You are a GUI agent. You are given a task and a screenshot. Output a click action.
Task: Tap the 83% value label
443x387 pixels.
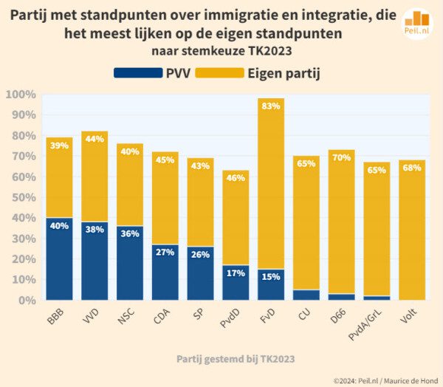click(x=272, y=106)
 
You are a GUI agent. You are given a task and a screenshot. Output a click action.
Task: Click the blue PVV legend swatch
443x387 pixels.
click(x=137, y=72)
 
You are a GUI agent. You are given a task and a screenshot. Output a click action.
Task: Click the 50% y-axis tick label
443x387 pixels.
click(x=21, y=198)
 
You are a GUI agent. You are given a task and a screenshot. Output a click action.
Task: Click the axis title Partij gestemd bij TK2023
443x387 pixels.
click(x=236, y=359)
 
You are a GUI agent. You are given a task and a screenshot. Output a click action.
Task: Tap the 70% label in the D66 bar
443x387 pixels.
click(x=342, y=157)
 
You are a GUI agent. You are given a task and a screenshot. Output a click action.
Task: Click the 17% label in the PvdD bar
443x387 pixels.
click(x=236, y=273)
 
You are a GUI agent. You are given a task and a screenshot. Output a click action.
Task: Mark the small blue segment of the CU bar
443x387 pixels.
click(x=306, y=295)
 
